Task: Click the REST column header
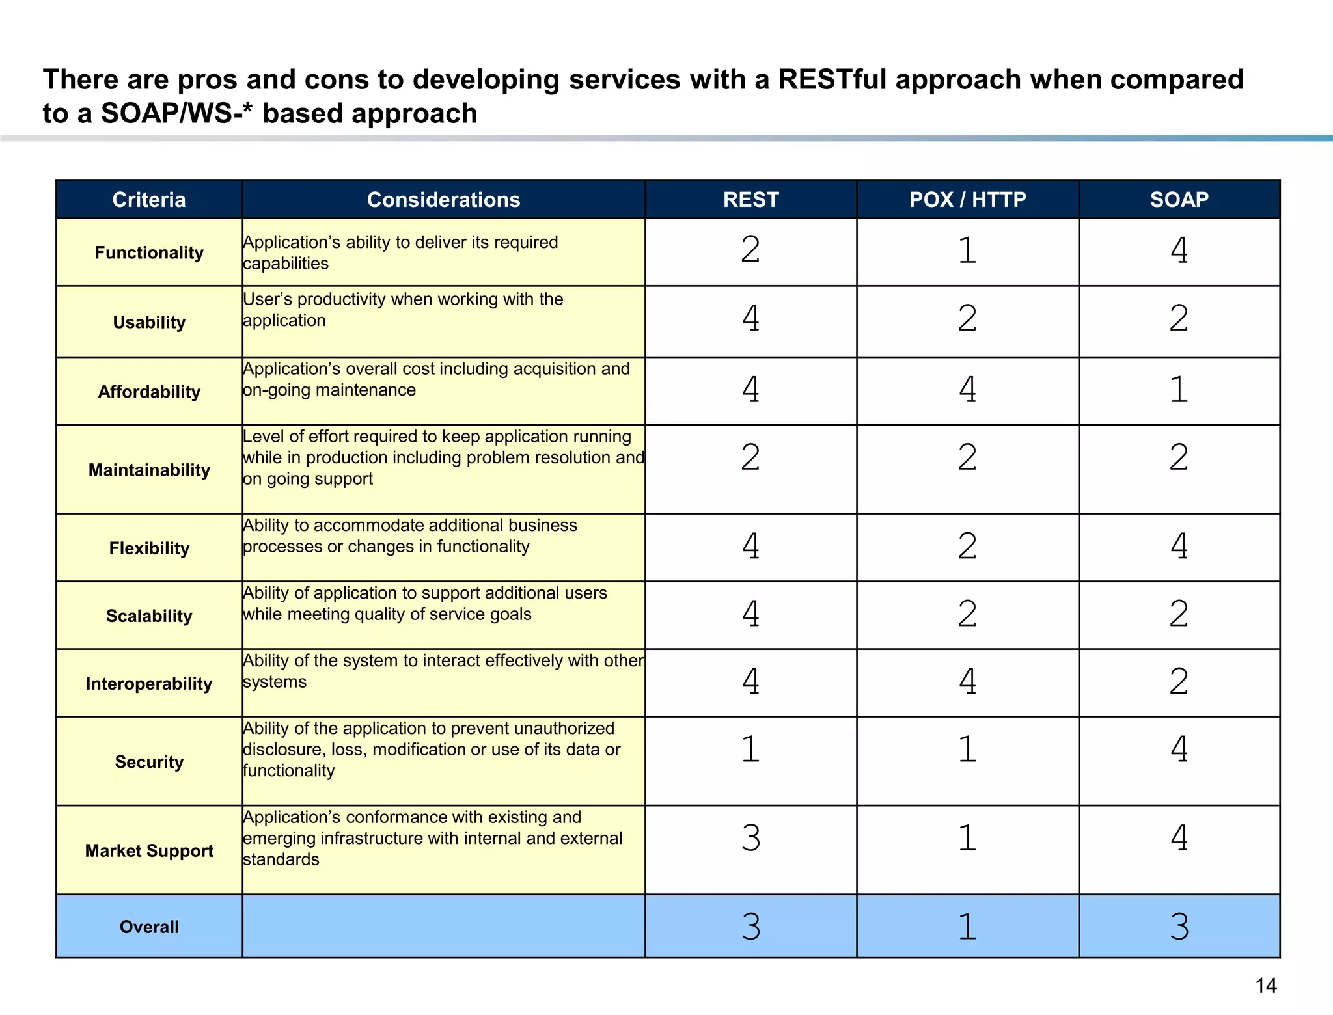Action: coord(750,199)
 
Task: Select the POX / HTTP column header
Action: coord(967,199)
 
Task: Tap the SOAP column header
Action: coord(1179,199)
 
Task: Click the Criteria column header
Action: coord(149,199)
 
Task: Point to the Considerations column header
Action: coord(443,199)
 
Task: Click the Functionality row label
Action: coord(149,252)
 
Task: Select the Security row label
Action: coord(149,761)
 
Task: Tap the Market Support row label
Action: coord(149,850)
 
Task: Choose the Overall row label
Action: coord(149,927)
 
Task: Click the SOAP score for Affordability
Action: coord(1179,389)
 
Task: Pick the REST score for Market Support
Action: coord(750,837)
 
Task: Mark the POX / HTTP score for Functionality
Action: coord(967,250)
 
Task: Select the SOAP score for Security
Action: coord(1179,748)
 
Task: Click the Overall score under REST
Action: coord(750,926)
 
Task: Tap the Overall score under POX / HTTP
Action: coord(967,926)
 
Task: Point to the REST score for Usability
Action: coord(750,318)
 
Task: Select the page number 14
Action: coord(1265,986)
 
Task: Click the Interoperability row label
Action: coord(149,683)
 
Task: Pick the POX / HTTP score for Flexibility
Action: coord(967,545)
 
